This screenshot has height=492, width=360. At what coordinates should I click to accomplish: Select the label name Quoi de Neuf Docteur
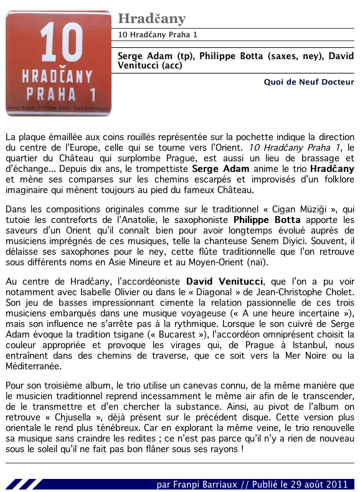309,82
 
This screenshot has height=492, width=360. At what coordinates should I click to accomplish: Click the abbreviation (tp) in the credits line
186,55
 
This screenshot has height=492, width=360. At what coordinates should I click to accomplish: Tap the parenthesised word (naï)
256,262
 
